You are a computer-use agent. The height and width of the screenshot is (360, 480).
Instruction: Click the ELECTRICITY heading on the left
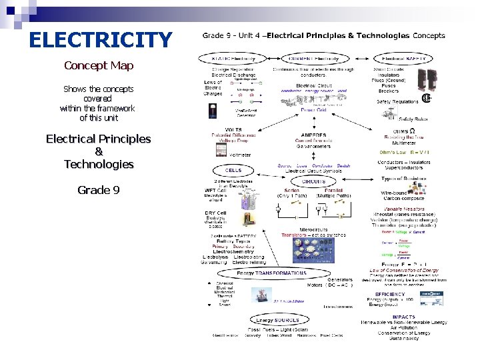point(100,41)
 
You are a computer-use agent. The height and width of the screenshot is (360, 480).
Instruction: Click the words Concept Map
point(99,65)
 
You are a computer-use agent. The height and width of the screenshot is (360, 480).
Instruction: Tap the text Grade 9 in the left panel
point(99,190)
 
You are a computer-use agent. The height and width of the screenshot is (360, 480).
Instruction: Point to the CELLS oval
point(233,170)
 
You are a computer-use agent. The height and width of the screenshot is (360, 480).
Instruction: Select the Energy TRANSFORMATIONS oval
point(273,273)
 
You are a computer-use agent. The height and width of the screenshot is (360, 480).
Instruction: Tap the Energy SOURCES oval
point(273,320)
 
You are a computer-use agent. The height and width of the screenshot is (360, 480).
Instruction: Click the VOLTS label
point(233,129)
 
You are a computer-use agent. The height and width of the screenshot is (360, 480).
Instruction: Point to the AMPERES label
point(313,135)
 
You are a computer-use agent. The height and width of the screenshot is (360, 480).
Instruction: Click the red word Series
point(291,190)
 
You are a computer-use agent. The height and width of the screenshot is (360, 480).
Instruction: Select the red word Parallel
point(333,190)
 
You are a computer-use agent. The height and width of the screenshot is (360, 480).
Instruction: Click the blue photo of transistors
point(313,247)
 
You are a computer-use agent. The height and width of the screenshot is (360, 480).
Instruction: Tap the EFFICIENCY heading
point(389,294)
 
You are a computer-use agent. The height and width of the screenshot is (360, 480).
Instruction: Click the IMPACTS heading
point(404,317)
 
